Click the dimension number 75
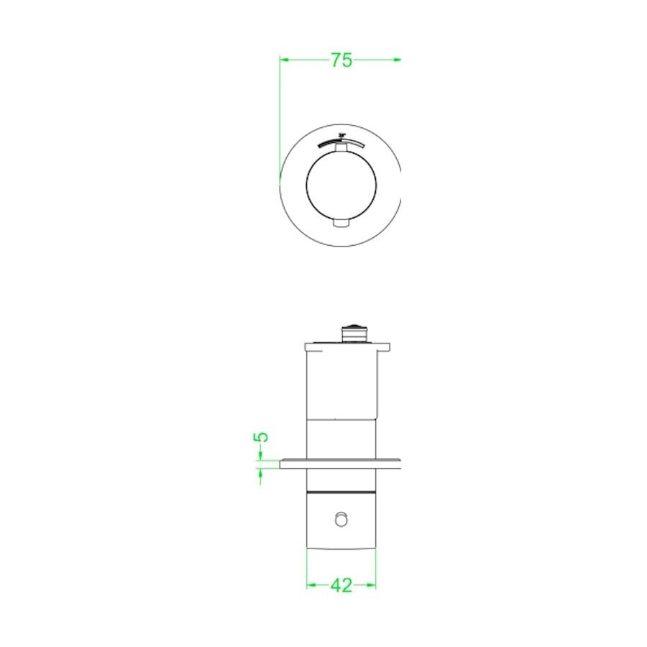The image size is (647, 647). click(x=341, y=60)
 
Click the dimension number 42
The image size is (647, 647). click(x=341, y=586)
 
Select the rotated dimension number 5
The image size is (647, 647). click(x=262, y=437)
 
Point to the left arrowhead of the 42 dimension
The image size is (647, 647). click(x=311, y=585)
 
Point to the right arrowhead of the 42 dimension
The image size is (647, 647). click(x=372, y=585)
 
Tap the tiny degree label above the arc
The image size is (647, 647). click(x=342, y=134)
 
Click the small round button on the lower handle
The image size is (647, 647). click(x=342, y=518)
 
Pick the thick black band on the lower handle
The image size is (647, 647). click(x=341, y=492)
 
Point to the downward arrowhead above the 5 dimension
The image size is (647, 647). click(x=260, y=456)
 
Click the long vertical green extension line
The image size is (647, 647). click(x=279, y=115)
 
